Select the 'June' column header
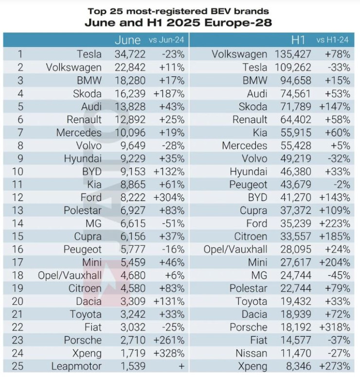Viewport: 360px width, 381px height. click(x=127, y=40)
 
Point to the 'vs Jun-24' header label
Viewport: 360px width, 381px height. click(x=167, y=40)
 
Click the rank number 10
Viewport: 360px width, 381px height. click(x=18, y=172)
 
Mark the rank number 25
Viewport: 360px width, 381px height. click(x=18, y=366)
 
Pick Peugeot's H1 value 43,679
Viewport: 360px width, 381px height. click(x=294, y=185)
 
